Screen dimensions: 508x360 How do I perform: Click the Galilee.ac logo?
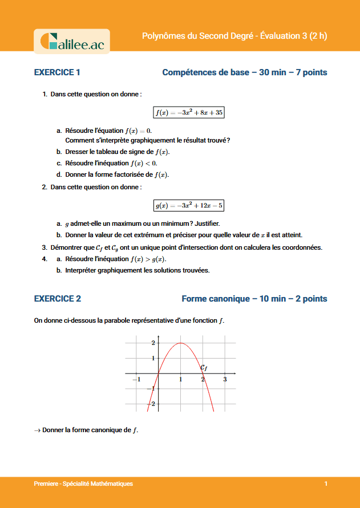point(72,42)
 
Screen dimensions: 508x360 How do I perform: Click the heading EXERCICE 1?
point(57,72)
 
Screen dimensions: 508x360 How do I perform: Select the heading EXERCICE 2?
point(58,299)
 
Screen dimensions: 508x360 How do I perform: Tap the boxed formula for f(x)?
point(189,113)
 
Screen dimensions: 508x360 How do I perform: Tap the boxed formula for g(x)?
point(189,205)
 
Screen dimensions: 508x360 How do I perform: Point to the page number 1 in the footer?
point(326,484)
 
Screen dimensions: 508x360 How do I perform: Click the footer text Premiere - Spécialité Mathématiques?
point(83,484)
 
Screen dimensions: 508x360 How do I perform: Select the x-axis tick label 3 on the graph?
point(225,380)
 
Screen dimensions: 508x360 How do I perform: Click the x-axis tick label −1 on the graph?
point(136,380)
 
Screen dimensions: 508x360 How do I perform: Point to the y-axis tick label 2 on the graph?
point(153,343)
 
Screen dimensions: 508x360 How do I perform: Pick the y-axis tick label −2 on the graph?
point(151,404)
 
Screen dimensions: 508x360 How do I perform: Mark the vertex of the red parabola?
point(181,343)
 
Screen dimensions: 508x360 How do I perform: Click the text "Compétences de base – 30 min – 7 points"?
point(245,72)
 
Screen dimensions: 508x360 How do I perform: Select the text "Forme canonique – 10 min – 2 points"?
point(254,299)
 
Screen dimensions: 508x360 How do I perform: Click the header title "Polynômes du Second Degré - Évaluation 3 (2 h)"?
point(234,36)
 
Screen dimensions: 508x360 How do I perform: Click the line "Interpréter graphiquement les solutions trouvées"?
point(137,270)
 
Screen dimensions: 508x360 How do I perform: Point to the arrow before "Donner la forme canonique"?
point(38,430)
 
